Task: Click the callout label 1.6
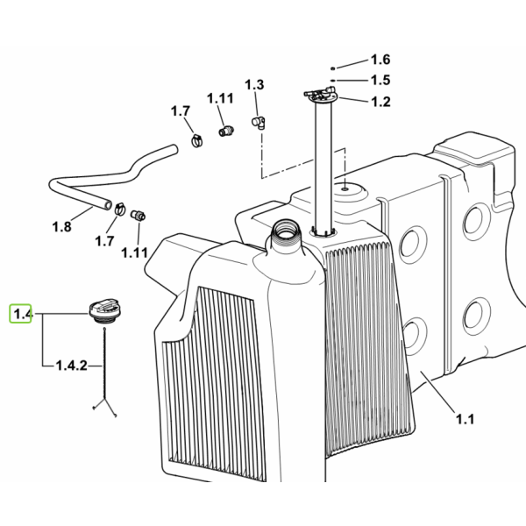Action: click(380, 60)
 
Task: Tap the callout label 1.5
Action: click(380, 80)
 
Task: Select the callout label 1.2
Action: click(380, 102)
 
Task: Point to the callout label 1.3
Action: click(254, 85)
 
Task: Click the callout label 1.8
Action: click(61, 227)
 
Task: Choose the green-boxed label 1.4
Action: click(21, 314)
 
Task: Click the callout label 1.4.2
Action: click(72, 366)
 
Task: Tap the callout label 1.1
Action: click(465, 419)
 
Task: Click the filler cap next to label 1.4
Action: click(104, 311)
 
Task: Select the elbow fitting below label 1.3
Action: click(259, 122)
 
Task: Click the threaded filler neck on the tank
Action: click(285, 231)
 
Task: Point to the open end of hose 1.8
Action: click(107, 204)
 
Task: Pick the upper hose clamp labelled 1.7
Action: click(197, 140)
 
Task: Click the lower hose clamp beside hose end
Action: click(120, 210)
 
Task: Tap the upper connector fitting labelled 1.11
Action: click(226, 131)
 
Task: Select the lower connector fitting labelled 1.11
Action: click(138, 215)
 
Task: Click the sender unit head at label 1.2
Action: click(320, 94)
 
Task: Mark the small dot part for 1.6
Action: click(333, 68)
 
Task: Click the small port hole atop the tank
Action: click(345, 189)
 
